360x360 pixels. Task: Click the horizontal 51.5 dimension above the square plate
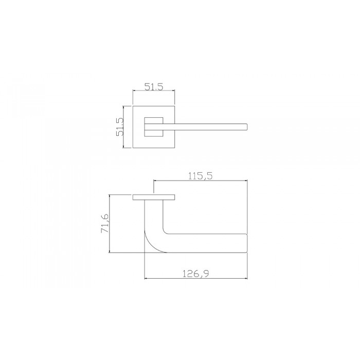(x=153, y=87)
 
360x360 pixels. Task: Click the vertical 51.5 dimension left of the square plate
(x=120, y=126)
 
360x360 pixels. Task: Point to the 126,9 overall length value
(x=195, y=274)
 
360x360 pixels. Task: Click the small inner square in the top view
(x=152, y=127)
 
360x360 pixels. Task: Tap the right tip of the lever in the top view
(x=247, y=127)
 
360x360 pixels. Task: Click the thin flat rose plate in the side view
(x=153, y=197)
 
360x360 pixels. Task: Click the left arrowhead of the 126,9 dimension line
(x=147, y=279)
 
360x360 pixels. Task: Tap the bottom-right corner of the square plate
(x=173, y=148)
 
